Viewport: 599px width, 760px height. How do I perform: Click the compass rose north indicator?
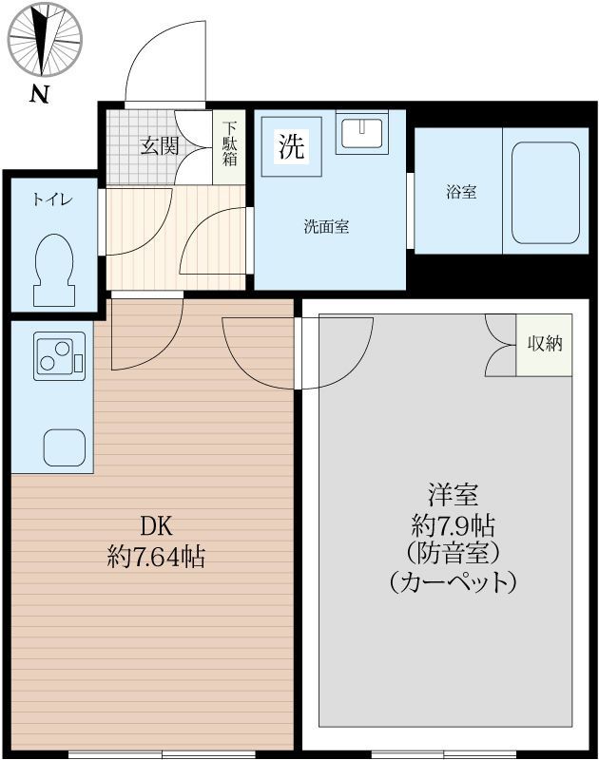point(45,39)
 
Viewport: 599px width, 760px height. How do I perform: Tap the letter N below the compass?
point(39,93)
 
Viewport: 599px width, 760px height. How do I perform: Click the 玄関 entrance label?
point(160,145)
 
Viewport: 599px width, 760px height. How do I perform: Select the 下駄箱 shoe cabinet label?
point(230,143)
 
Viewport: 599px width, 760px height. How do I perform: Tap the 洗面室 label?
point(326,227)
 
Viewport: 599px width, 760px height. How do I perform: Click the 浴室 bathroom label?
point(461,192)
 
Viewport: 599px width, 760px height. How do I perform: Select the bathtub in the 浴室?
point(546,193)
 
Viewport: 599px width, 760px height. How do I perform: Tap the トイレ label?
point(51,199)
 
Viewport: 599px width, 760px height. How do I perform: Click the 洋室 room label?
point(452,496)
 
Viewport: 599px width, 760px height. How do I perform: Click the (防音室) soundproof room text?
point(452,552)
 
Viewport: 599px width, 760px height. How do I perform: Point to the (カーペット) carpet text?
point(453,581)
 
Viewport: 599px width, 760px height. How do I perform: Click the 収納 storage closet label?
point(545,343)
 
